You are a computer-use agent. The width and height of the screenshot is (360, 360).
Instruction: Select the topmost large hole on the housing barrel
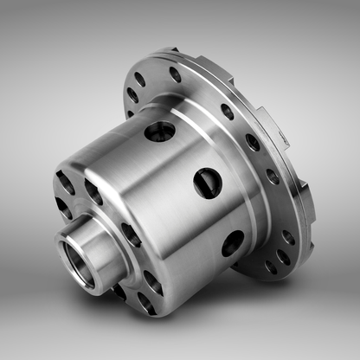click(x=160, y=132)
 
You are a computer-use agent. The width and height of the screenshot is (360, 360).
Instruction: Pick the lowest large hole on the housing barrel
click(x=232, y=243)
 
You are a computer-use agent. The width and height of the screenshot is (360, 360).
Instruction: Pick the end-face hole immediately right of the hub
click(x=131, y=235)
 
